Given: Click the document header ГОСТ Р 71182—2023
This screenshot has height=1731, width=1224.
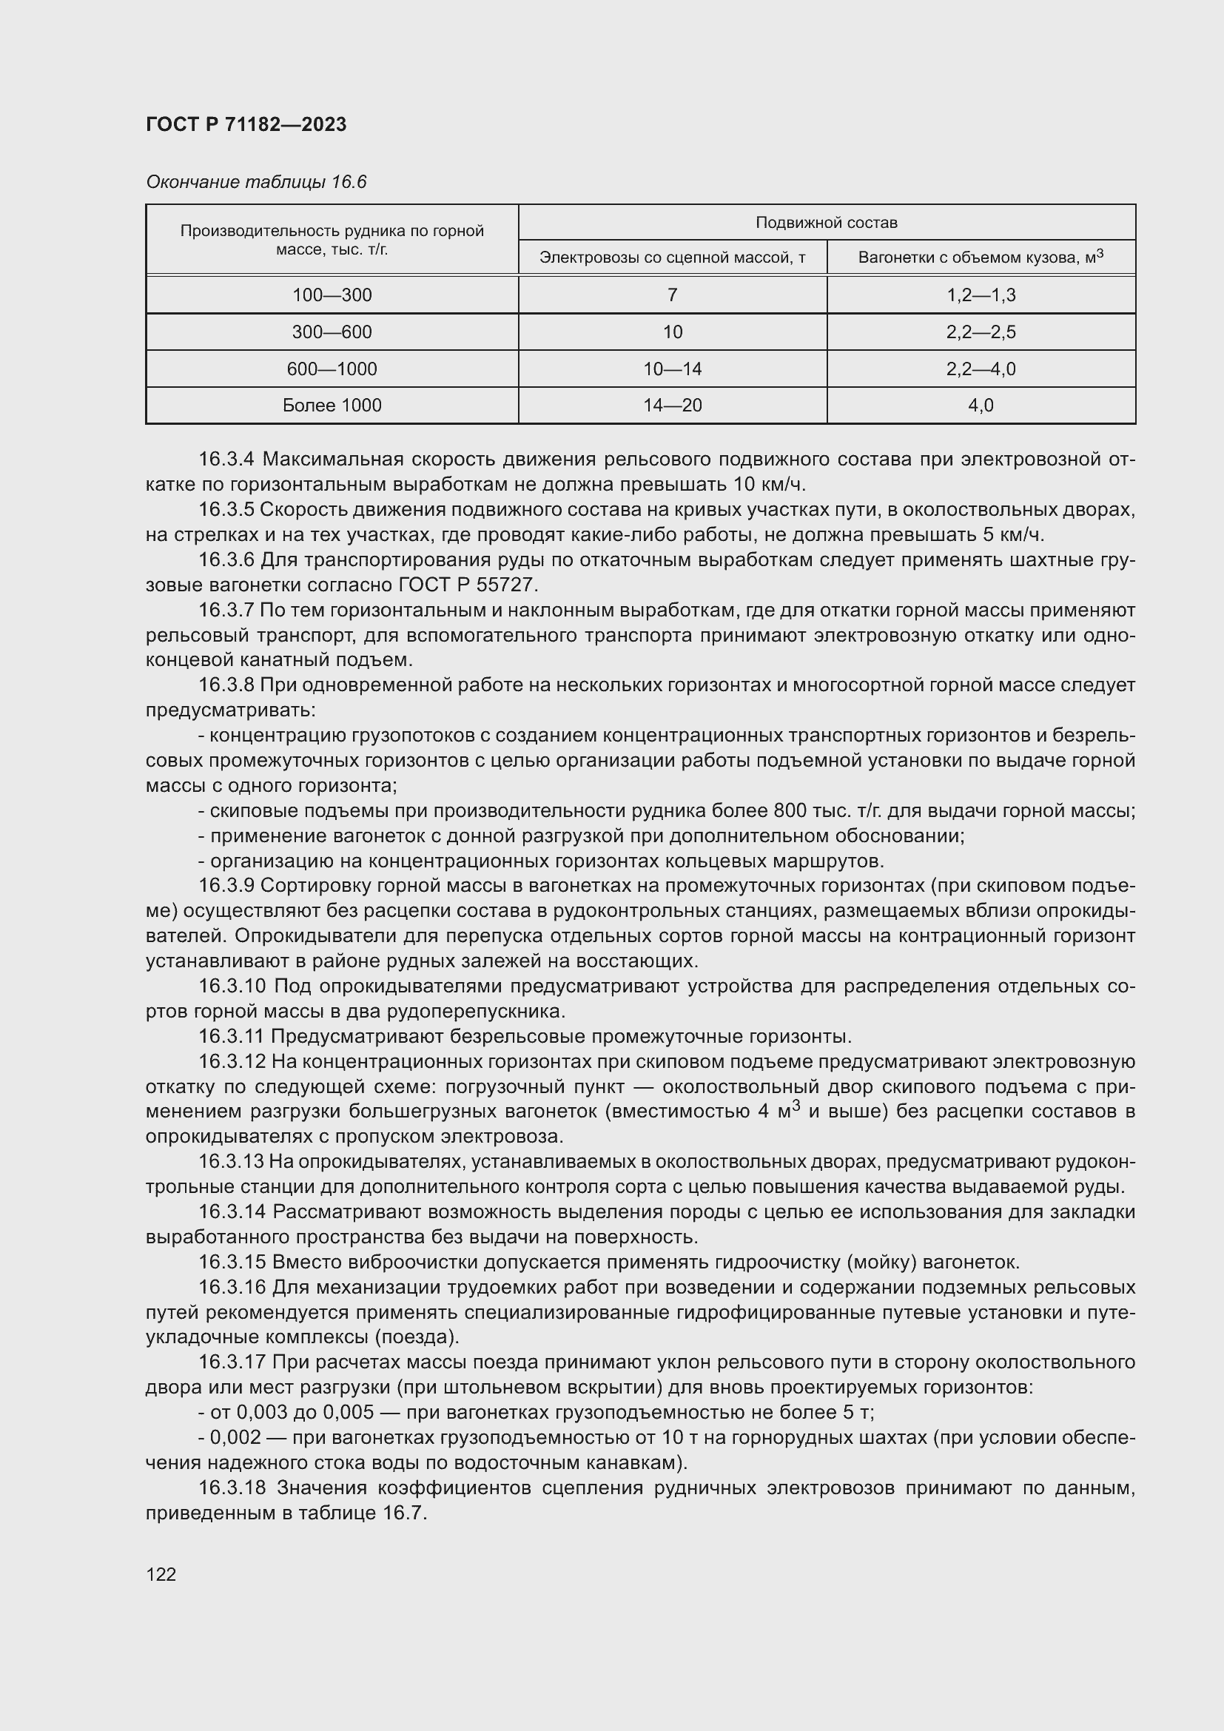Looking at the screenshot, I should coord(246,124).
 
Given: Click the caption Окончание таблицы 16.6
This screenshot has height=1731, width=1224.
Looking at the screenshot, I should coord(255,182).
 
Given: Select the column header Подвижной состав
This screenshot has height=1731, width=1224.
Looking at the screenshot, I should coord(826,223).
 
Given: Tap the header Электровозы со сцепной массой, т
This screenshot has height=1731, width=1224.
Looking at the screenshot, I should coord(672,258).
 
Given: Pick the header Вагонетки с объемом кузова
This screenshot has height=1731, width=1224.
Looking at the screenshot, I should coord(980,257).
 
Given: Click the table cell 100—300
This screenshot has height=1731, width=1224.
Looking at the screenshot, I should coord(332,295).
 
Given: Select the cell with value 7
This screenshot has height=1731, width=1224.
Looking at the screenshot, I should coord(672,295).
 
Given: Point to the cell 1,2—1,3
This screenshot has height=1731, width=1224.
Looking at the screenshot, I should coord(981,295).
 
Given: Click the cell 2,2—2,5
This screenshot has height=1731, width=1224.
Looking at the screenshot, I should coord(981,332).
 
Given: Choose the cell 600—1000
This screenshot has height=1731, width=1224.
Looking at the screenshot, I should coord(332,369).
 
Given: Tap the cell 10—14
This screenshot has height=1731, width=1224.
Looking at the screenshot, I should coord(672,369).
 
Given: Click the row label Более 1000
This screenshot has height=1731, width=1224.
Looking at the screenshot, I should coord(332,406).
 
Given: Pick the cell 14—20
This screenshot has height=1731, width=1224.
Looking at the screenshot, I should coord(672,406).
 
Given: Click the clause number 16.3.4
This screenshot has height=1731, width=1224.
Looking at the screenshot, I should coord(227,459).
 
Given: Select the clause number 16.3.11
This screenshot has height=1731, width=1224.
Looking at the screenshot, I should coord(232,1037).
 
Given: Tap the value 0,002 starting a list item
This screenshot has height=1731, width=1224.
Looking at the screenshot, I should coord(236,1438).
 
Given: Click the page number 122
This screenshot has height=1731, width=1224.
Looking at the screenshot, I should coord(161,1574).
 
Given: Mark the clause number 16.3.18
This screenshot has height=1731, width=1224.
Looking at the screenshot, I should coord(232,1488).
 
